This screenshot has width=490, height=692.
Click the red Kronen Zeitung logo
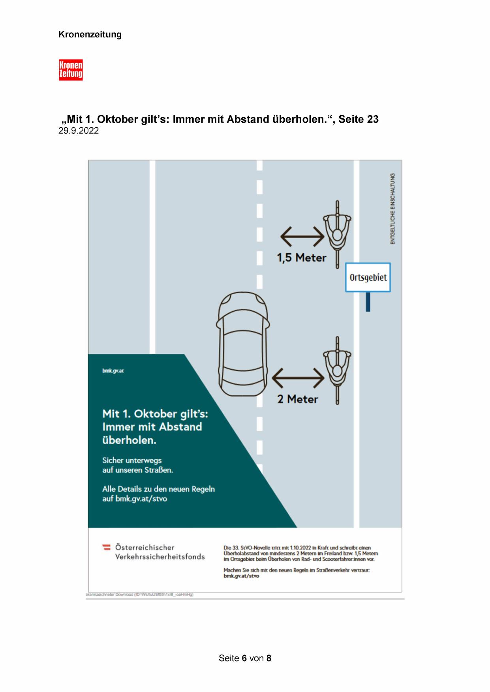coord(71,70)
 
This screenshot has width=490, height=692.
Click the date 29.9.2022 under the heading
coord(79,131)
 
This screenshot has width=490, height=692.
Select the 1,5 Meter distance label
coord(302,258)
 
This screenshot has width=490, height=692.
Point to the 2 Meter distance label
coord(297,399)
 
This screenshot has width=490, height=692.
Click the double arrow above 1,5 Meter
coord(302,237)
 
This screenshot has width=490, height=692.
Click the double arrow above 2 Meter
coord(298,378)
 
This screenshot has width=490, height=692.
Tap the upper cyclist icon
coord(338,234)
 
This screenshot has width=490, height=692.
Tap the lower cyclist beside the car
coord(338,370)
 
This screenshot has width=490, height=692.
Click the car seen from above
coord(242,343)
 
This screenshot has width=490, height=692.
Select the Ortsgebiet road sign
coord(368,277)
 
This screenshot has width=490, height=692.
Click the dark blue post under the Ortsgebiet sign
coord(368,302)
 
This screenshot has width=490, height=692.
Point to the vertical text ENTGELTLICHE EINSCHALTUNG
coord(392,208)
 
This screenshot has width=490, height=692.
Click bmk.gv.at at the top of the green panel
coord(113,371)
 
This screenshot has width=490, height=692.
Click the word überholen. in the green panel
coord(130,440)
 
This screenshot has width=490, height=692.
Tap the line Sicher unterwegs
coord(132,460)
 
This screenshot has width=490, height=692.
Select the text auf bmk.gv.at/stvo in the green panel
coord(135,499)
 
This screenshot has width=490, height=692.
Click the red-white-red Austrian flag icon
coord(106,547)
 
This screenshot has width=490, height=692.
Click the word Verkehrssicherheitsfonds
coord(160,557)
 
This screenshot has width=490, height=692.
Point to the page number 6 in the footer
coord(244,658)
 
